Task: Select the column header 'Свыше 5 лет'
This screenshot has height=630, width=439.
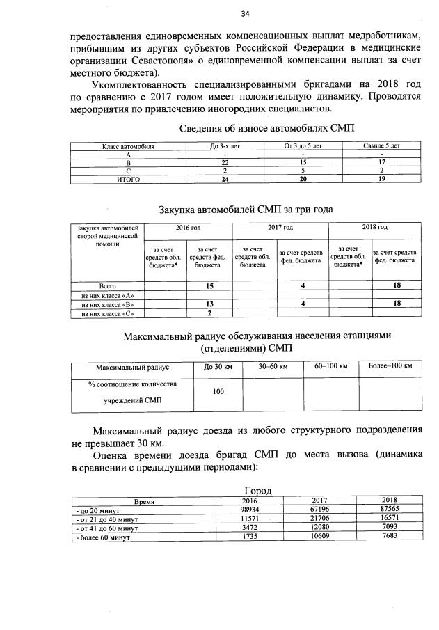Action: coord(381,147)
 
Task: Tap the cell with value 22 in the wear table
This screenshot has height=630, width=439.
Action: coord(225,162)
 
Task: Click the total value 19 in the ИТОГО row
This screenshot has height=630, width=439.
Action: coord(381,179)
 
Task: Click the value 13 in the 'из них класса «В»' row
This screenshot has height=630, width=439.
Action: coord(209,304)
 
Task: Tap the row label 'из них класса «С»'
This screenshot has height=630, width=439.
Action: coord(107,313)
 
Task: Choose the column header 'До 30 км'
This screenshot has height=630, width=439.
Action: coord(218,366)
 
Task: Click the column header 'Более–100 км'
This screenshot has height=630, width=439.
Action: coord(390,366)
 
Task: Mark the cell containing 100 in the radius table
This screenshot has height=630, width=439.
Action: coord(218,392)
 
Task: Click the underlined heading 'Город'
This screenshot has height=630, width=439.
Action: coord(257,490)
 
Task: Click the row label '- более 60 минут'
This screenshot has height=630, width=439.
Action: coord(103,537)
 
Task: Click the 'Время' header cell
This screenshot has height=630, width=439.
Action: coord(144,501)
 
